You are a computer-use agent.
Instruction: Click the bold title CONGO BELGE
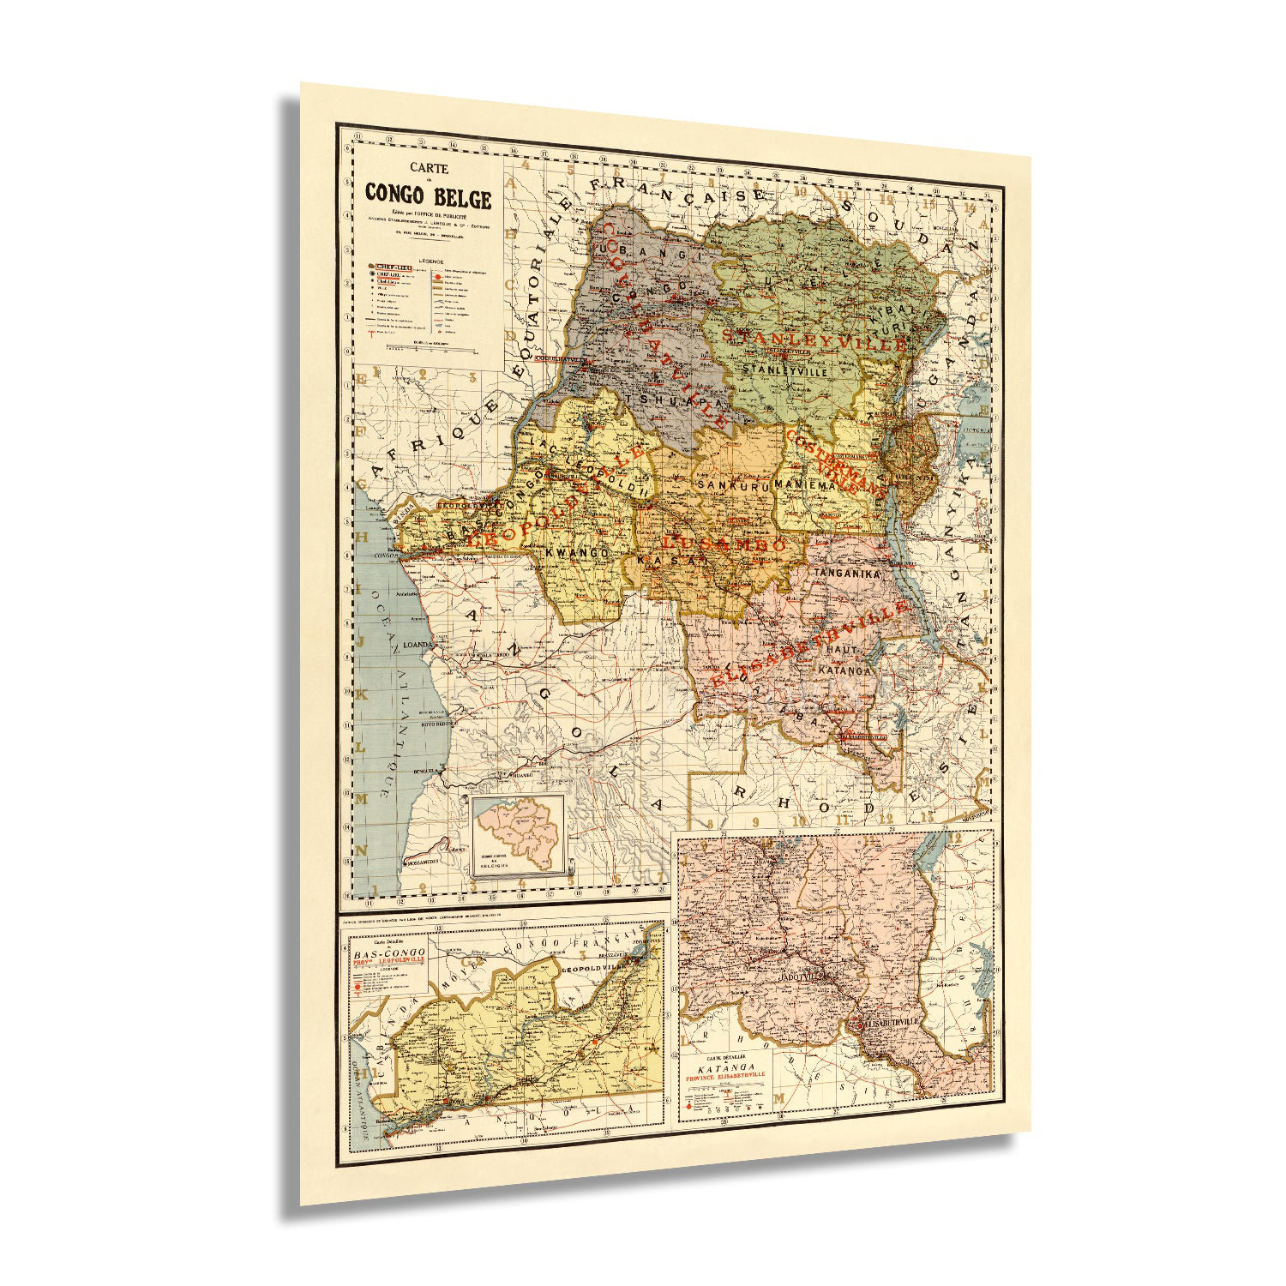tap(428, 195)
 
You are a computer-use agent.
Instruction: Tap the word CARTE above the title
tap(428, 169)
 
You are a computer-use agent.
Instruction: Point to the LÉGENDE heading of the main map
tap(426, 257)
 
